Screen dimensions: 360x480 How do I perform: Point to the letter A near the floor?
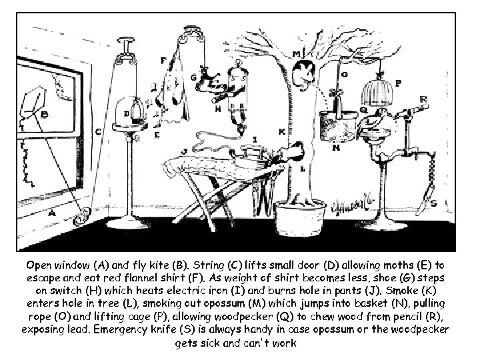tap(53, 213)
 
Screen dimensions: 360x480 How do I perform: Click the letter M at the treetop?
tap(295, 53)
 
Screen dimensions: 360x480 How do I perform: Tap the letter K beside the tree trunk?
tap(281, 132)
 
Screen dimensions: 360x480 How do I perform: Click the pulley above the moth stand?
tap(124, 51)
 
